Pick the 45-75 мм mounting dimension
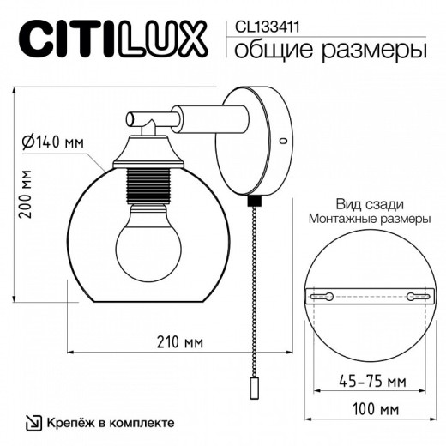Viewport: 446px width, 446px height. (x=371, y=380)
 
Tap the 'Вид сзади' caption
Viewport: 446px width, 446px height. (x=370, y=203)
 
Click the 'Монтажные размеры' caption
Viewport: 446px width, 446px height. (x=370, y=220)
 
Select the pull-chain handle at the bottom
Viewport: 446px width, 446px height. (x=254, y=389)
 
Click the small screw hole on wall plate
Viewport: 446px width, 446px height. (x=283, y=139)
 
